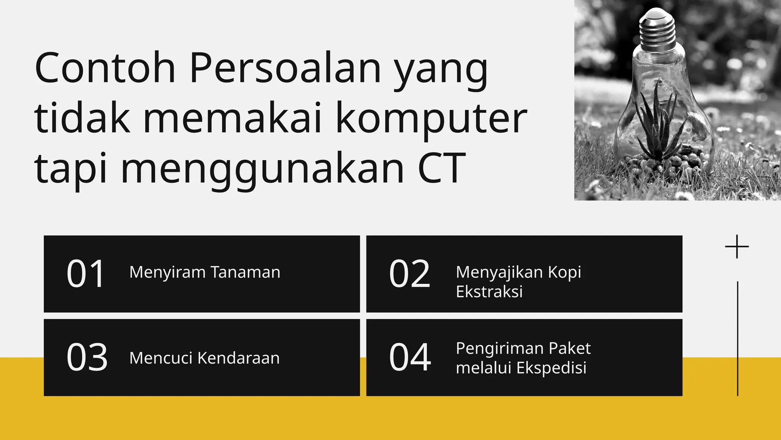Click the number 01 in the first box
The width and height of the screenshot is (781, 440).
tap(86, 274)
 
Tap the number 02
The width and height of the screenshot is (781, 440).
tap(410, 274)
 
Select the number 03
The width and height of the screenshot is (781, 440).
tap(87, 357)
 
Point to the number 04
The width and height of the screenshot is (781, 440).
tap(410, 357)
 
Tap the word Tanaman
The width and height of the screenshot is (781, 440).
tap(245, 272)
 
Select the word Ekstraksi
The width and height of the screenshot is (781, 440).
tap(489, 292)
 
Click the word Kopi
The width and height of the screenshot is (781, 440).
tap(564, 273)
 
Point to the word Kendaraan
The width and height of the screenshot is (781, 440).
tap(239, 358)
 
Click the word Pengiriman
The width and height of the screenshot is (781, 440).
tap(499, 349)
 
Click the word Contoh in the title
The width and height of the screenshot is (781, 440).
tap(105, 68)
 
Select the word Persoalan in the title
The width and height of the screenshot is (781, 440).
tap(285, 68)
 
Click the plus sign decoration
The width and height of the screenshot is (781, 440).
tap(737, 247)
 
